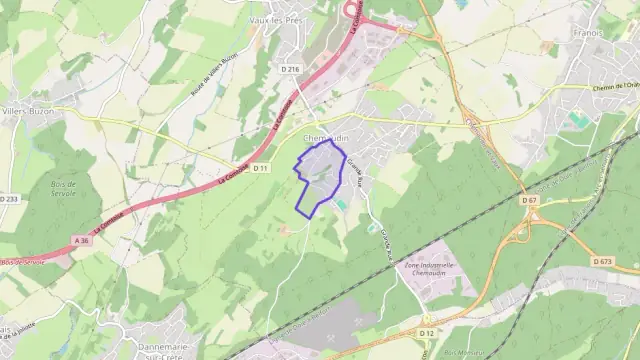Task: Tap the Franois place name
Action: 588,32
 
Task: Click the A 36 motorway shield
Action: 81,240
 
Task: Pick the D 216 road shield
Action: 290,68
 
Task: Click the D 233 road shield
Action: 8,199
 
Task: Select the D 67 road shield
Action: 529,200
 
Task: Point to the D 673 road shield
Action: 629,262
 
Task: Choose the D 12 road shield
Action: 428,332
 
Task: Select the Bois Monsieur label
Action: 460,353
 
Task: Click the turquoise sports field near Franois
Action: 579,121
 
